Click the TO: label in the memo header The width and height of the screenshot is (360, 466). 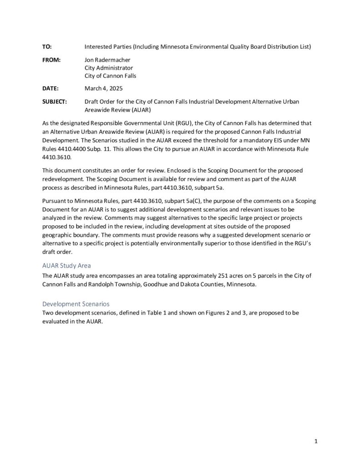tap(47, 46)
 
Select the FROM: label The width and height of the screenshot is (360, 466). tap(51, 59)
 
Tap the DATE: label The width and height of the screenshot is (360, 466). tap(50, 88)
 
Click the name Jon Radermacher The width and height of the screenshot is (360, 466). tap(108, 59)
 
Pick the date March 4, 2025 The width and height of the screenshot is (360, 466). tap(104, 88)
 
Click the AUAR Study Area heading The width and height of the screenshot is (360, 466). tap(69, 265)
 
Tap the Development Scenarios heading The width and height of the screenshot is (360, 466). tap(75, 303)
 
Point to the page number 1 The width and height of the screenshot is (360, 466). tap(315, 441)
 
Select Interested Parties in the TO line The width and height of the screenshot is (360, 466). tap(106, 46)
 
